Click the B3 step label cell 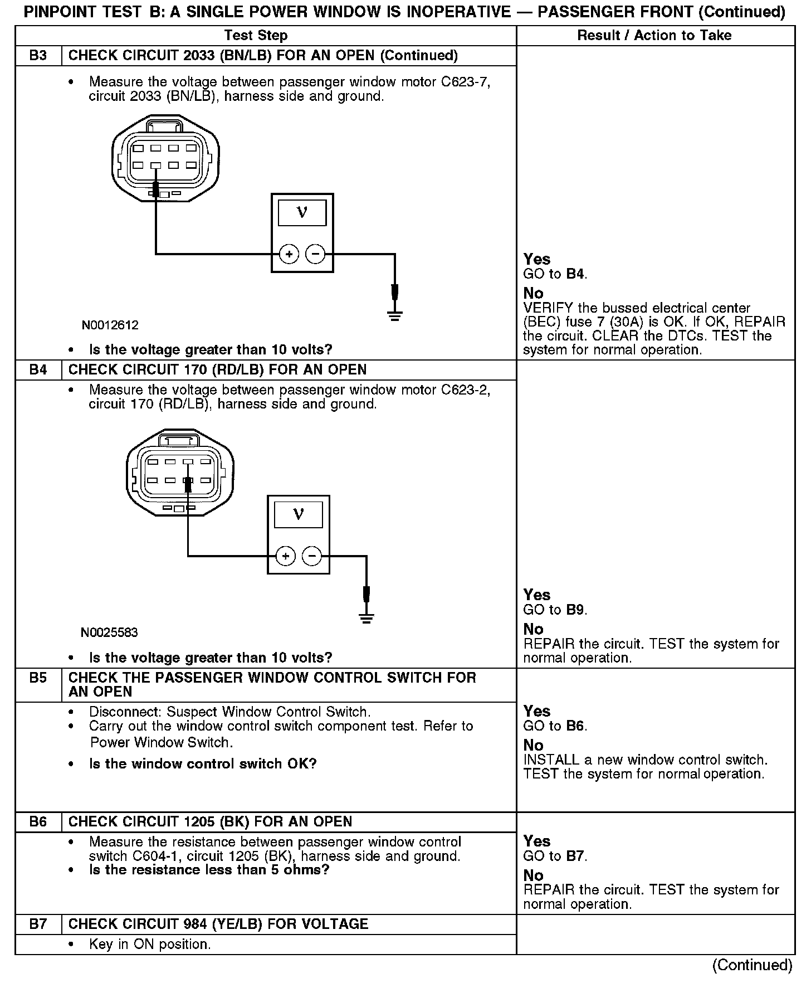coord(38,56)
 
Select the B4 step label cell coord(38,370)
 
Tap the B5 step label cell coord(38,678)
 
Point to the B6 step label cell coord(38,822)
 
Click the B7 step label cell coord(38,924)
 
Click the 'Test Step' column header coord(256,36)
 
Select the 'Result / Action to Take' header coord(654,36)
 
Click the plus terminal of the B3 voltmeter coord(289,255)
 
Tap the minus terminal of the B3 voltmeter coord(315,255)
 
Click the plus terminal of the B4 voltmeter coord(285,556)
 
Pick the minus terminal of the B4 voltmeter coord(311,556)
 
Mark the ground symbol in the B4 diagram coord(366,618)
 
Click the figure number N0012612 coord(110,325)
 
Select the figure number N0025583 coord(109,632)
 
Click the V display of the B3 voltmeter coord(302,213)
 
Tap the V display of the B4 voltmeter coord(299,514)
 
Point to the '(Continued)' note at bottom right coord(752,965)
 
